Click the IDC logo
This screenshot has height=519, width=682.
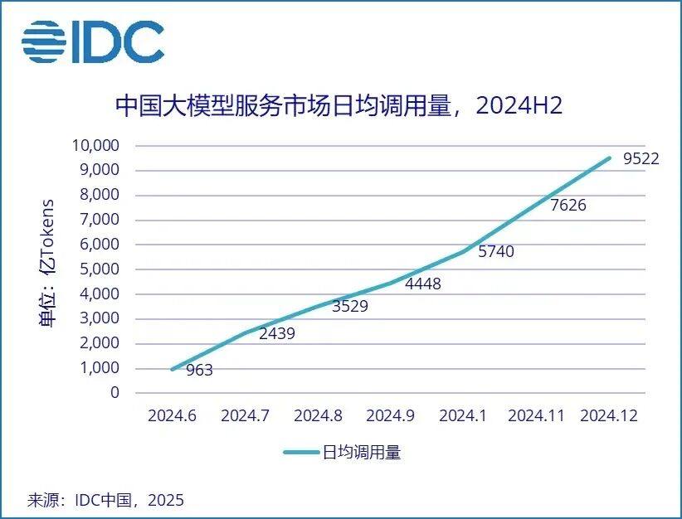click(x=93, y=41)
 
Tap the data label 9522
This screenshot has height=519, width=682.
click(x=641, y=158)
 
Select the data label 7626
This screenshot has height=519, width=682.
click(x=568, y=205)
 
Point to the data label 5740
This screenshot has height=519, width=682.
click(x=496, y=251)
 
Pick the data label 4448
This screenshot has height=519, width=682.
click(x=423, y=284)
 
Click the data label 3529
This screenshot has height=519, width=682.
click(x=350, y=306)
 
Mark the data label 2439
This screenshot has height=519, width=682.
click(x=277, y=334)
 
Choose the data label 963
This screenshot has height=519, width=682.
click(x=199, y=371)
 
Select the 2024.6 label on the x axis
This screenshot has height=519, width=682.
click(x=172, y=416)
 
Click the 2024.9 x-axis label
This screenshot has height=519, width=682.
click(x=390, y=416)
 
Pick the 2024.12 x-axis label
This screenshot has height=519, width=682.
click(x=609, y=416)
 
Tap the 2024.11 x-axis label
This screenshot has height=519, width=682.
click(x=535, y=416)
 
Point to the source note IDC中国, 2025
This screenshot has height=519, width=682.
click(x=106, y=500)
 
